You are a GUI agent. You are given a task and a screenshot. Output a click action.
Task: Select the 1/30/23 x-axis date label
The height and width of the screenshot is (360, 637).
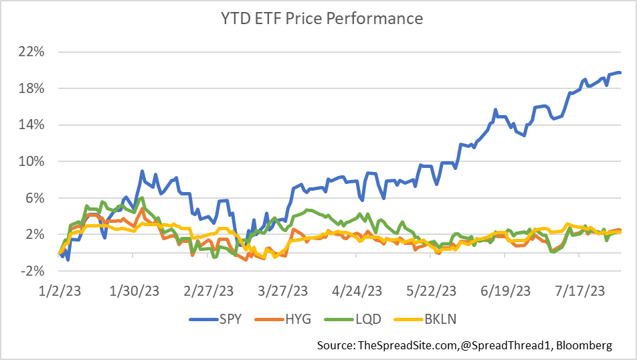click(x=137, y=291)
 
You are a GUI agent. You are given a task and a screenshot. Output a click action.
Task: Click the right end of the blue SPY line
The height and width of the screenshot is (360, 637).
click(x=620, y=73)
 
